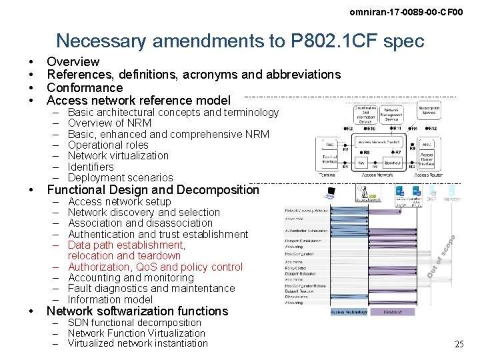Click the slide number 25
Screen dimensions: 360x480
click(459, 344)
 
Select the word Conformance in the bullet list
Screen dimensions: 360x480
click(85, 87)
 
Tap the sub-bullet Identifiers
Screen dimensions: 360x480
click(91, 167)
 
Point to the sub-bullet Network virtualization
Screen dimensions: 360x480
click(118, 155)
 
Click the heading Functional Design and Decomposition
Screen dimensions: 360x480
click(153, 189)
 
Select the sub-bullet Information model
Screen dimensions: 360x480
click(110, 299)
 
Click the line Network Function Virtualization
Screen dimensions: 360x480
click(136, 333)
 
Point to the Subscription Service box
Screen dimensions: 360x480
click(430, 111)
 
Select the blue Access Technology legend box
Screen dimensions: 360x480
click(349, 311)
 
